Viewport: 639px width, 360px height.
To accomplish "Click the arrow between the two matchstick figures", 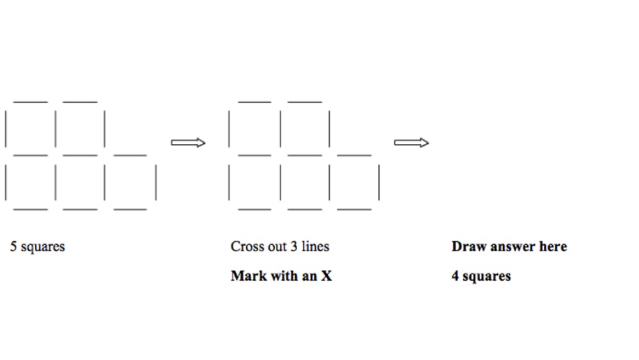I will pyautogui.click(x=189, y=143).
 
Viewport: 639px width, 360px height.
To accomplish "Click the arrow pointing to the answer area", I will pyautogui.click(x=412, y=143).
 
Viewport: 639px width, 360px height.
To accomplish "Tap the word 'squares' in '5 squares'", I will pyautogui.click(x=43, y=247).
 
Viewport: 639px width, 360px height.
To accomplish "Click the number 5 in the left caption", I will pyautogui.click(x=13, y=246).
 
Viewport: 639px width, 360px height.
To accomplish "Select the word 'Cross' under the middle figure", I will pyautogui.click(x=247, y=246).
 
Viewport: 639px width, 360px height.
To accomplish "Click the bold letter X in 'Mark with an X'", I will pyautogui.click(x=327, y=276).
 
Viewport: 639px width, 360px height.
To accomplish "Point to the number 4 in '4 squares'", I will pyautogui.click(x=455, y=276).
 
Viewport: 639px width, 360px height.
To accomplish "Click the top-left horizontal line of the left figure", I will pyautogui.click(x=30, y=101).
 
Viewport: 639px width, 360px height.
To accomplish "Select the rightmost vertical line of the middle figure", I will pyautogui.click(x=379, y=182).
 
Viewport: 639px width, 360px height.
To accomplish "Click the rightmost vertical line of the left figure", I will pyautogui.click(x=155, y=182).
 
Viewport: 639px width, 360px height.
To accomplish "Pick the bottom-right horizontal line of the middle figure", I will pyautogui.click(x=354, y=208).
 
